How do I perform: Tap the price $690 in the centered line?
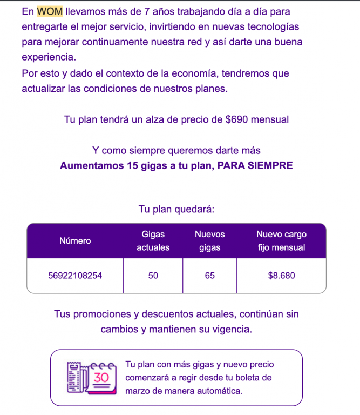pos(237,119)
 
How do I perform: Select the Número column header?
pos(75,240)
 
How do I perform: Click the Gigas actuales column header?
pos(153,240)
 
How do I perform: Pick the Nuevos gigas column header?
pos(209,240)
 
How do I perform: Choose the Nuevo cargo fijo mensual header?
pos(281,240)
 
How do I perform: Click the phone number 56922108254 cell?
pos(75,276)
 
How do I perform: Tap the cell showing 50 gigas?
pos(153,276)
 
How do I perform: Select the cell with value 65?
pos(209,276)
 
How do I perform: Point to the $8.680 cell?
pos(281,276)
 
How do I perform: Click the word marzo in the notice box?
pos(138,390)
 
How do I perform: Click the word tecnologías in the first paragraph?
pos(270,26)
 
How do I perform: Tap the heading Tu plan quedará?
pos(176,209)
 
